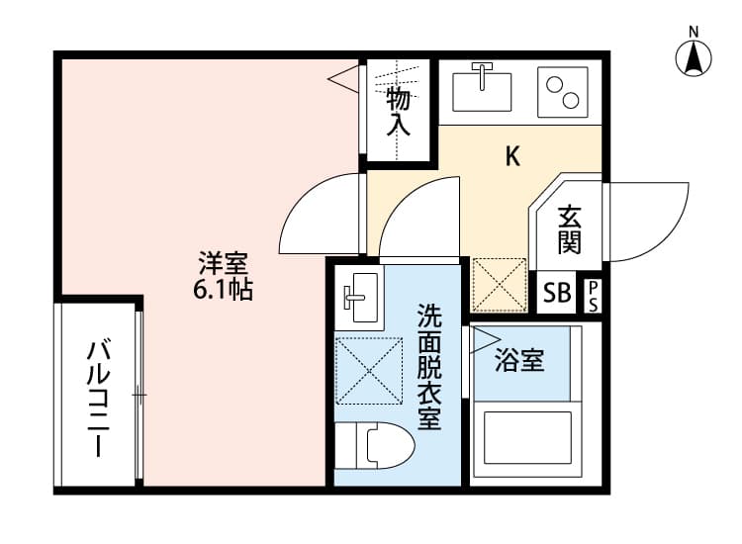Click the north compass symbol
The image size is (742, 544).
(695, 57)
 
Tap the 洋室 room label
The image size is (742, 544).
(223, 263)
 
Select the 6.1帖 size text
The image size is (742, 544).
(223, 290)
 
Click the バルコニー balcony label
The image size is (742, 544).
(98, 398)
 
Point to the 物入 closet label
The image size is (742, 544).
(398, 111)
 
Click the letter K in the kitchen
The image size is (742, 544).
(512, 155)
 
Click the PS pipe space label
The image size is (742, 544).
(593, 295)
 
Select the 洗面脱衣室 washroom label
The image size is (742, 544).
(428, 366)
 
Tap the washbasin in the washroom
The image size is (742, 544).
(356, 297)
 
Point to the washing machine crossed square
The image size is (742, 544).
(369, 372)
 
